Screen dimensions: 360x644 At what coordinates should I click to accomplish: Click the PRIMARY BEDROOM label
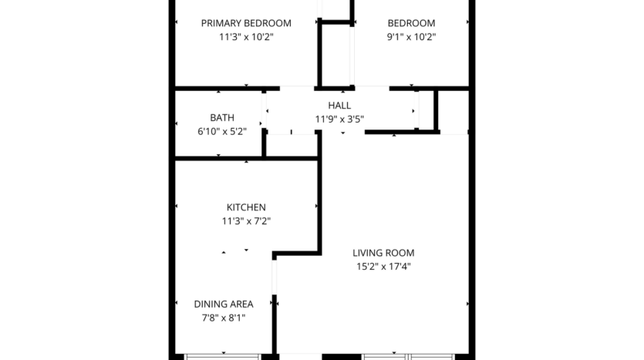tap(246, 23)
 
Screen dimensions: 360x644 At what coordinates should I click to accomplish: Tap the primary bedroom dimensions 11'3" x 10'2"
tap(246, 37)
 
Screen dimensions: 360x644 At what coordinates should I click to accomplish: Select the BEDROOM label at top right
tap(410, 23)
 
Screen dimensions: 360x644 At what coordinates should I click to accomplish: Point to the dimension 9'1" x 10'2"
tap(410, 37)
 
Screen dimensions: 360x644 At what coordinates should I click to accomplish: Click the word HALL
tap(339, 106)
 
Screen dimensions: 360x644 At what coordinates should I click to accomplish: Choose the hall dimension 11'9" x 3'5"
tap(339, 119)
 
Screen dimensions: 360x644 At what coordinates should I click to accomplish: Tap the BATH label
tap(222, 118)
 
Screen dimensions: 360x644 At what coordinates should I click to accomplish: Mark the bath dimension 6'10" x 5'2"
tap(222, 132)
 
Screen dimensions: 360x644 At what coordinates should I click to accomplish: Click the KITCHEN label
tap(246, 207)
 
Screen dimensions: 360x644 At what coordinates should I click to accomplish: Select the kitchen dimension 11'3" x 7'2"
tap(246, 221)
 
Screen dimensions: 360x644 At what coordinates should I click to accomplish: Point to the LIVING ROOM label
tap(383, 253)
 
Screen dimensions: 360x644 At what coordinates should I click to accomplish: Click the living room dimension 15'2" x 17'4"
tap(383, 267)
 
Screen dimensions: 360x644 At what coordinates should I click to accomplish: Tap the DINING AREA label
tap(224, 304)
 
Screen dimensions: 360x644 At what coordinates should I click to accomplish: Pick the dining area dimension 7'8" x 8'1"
tap(224, 318)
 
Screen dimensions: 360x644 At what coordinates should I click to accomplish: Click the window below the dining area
tap(222, 356)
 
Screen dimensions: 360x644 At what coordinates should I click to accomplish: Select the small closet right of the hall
tap(453, 111)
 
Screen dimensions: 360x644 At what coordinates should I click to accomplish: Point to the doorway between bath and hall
tap(264, 112)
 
